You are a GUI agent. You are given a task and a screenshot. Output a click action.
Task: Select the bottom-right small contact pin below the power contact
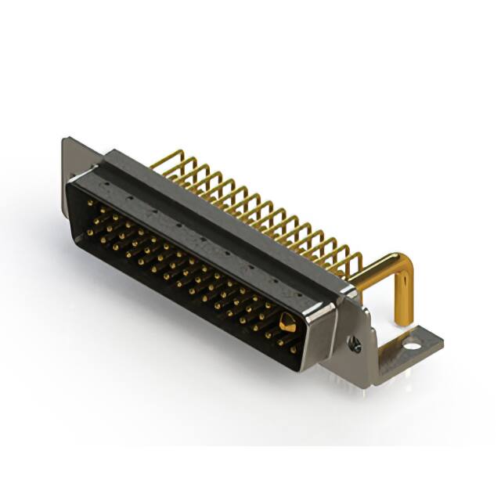point(294,349)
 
